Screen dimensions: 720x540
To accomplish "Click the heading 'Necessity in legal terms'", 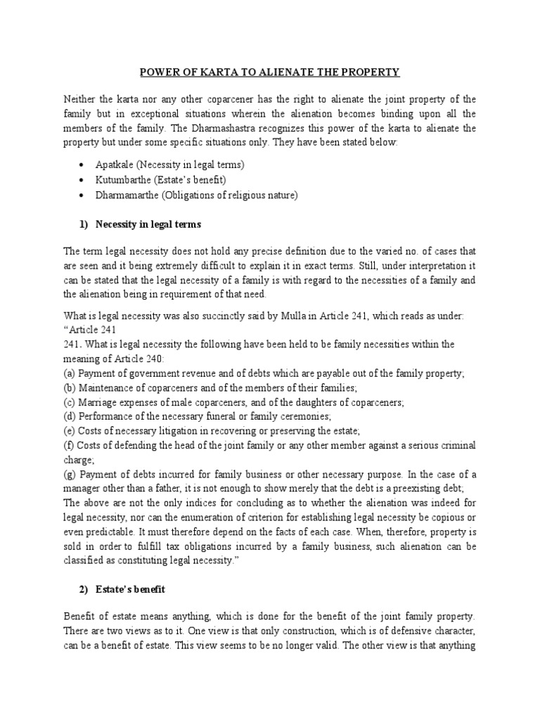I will (x=150, y=224).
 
